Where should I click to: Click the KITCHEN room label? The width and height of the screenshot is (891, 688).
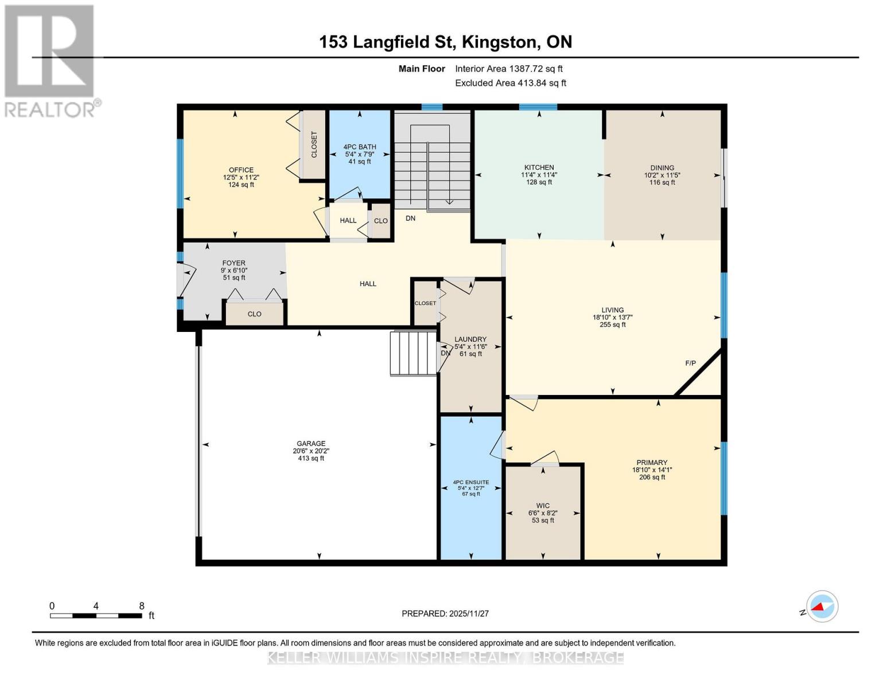[539, 167]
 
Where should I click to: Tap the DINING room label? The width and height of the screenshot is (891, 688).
[662, 167]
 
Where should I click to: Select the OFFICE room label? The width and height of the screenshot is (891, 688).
[241, 170]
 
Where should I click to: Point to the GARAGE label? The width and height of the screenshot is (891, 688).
[311, 443]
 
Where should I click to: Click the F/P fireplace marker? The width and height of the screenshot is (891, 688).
[691, 363]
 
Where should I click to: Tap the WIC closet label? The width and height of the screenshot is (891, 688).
[543, 506]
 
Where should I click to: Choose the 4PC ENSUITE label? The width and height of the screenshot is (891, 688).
[470, 482]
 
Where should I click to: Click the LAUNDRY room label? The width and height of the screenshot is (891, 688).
[470, 339]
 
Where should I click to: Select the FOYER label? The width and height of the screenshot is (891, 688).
[234, 263]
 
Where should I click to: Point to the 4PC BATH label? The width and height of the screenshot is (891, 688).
[360, 147]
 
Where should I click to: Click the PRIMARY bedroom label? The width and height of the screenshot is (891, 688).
[652, 463]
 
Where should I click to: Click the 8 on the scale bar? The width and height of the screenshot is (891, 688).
[142, 606]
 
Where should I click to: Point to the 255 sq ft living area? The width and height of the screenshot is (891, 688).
[613, 325]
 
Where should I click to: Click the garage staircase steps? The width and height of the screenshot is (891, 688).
[413, 353]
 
